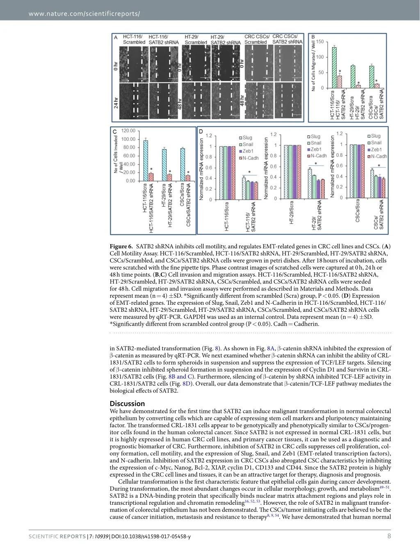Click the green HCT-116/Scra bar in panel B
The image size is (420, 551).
(x=334, y=68)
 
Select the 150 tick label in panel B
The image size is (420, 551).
(x=320, y=42)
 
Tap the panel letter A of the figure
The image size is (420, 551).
(x=116, y=37)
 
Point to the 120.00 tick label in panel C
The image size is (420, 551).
(x=128, y=131)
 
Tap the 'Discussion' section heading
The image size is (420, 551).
(x=127, y=404)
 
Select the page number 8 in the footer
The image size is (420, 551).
(x=389, y=536)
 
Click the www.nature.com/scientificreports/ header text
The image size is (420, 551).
(x=84, y=14)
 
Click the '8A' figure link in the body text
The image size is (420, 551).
(x=271, y=349)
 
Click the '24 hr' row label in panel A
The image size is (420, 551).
(x=116, y=102)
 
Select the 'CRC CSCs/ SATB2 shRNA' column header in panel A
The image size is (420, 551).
(x=287, y=39)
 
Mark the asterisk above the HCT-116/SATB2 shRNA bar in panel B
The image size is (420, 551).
(x=340, y=72)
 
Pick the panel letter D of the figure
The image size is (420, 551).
(x=201, y=131)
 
